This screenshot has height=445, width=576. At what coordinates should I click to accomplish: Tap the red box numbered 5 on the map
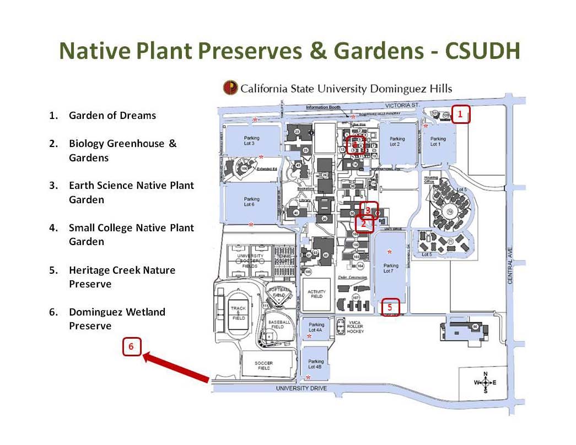[390, 307]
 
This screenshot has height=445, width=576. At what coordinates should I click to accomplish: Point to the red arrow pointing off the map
[176, 368]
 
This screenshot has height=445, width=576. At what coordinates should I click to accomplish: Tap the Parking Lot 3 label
[249, 141]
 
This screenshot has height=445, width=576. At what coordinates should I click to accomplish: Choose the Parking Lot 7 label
[390, 268]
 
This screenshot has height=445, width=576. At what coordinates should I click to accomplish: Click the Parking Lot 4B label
[315, 364]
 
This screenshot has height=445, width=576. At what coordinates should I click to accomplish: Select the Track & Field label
[239, 313]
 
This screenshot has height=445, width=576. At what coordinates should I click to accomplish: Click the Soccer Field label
[263, 365]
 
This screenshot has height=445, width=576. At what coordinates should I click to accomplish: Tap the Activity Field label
[316, 294]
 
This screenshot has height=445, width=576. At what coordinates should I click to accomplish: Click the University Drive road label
[302, 388]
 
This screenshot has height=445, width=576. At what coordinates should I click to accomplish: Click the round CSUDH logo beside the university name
[230, 88]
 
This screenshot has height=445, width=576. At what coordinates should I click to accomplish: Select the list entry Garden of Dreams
[112, 116]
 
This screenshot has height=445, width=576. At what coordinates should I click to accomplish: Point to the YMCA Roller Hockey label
[355, 326]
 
